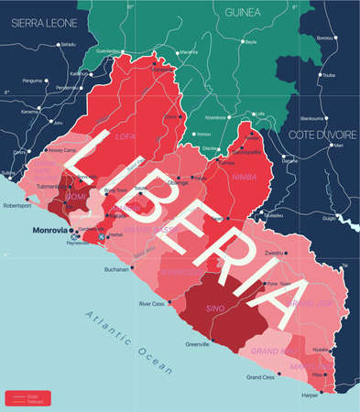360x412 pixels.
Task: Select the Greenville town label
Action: click(x=197, y=343)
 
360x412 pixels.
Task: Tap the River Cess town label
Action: click(x=150, y=303)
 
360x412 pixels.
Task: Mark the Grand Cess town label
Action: click(x=261, y=376)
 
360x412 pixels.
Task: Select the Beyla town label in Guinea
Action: click(x=250, y=43)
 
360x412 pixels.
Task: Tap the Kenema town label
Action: click(x=30, y=112)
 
